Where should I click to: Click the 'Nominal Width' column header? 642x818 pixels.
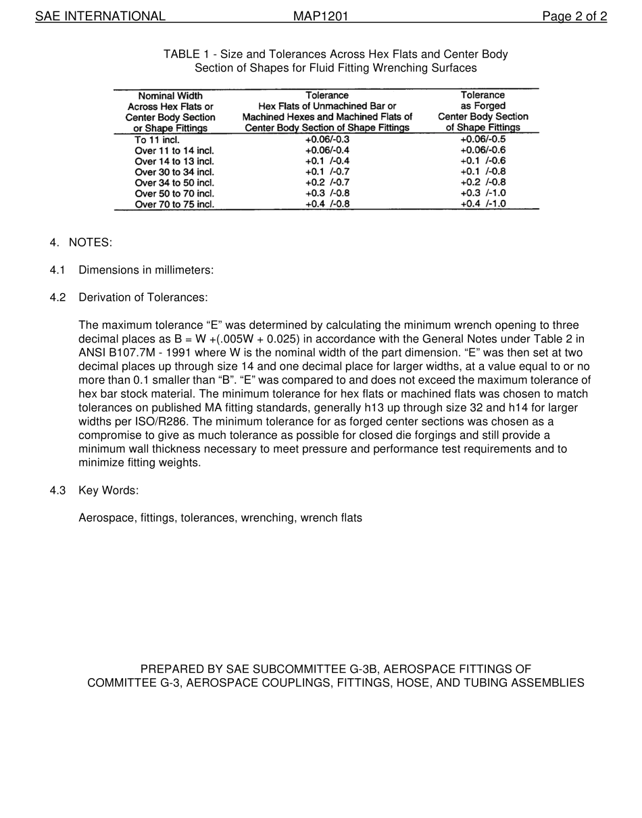(170, 96)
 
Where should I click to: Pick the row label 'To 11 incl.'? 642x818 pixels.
(157, 140)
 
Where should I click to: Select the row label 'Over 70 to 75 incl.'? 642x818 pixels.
(174, 205)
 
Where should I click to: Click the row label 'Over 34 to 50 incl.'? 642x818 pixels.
(174, 183)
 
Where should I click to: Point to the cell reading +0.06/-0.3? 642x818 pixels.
(327, 140)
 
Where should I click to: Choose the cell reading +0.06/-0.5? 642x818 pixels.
(483, 140)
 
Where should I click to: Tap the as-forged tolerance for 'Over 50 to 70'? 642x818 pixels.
(483, 194)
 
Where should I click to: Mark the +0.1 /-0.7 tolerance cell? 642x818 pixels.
(327, 172)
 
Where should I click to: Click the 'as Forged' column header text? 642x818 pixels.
(483, 106)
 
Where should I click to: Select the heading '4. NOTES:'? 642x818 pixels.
(81, 242)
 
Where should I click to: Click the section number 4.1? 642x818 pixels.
(57, 270)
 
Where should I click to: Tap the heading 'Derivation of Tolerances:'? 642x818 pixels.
(143, 298)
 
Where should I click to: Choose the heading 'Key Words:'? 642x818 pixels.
(108, 490)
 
